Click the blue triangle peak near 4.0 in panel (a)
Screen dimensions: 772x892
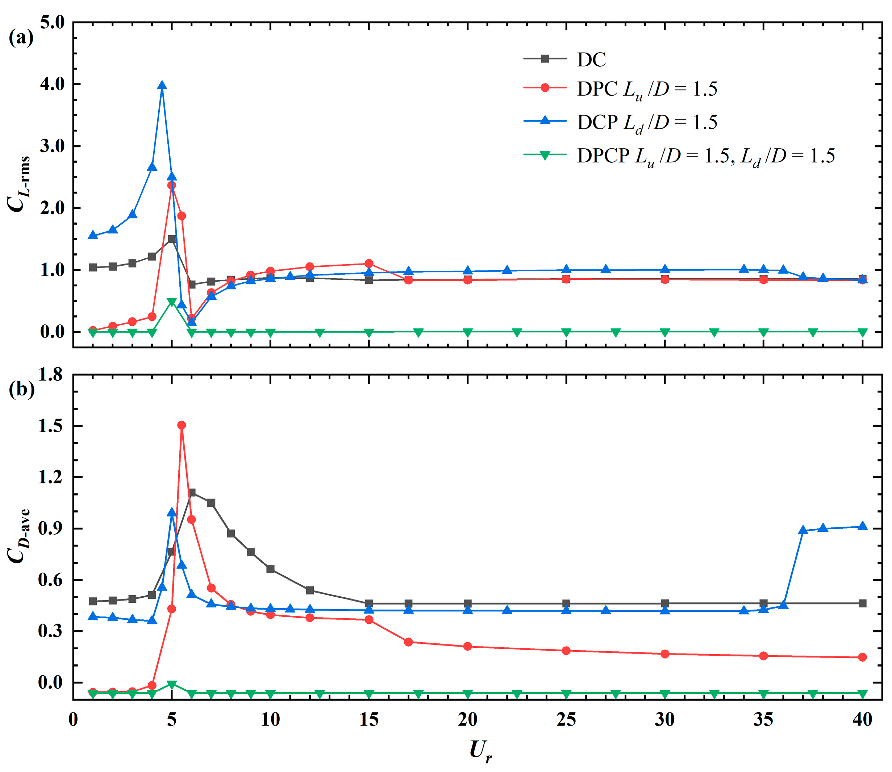point(162,86)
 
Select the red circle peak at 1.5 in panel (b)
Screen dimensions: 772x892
point(182,425)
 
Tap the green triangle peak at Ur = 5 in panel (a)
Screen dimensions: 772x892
point(172,302)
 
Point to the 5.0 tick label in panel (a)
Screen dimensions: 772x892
point(52,22)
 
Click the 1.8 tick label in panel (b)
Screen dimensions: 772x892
point(50,374)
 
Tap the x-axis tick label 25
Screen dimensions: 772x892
point(566,719)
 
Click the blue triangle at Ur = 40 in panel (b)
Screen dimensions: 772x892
point(862,526)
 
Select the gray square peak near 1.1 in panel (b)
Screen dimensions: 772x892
point(192,493)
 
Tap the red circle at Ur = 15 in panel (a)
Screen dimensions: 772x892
point(369,263)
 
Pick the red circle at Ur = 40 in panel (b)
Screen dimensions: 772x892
point(862,657)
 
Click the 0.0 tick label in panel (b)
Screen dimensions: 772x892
point(50,682)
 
